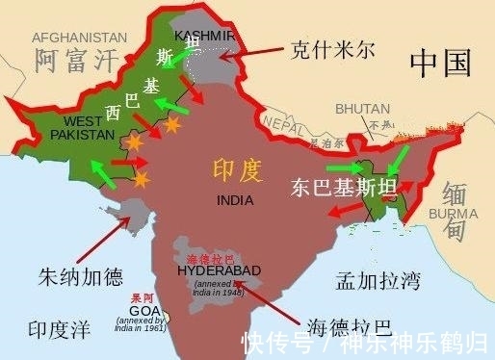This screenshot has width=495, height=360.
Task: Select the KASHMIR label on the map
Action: click(204, 36)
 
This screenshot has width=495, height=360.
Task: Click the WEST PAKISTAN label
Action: click(82, 128)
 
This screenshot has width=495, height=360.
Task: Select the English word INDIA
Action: click(236, 200)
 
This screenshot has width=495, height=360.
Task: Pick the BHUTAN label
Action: click(362, 110)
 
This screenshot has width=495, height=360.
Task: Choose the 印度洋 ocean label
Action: click(58, 329)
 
